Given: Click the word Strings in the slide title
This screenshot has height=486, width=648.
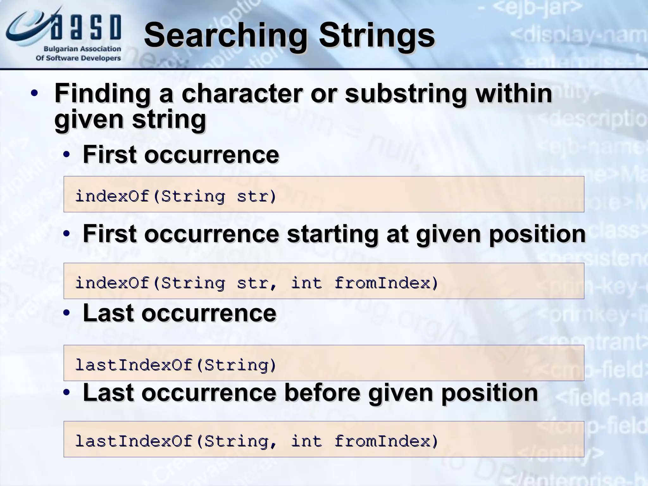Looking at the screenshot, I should pyautogui.click(x=377, y=35).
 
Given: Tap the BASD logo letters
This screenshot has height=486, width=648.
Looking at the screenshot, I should pyautogui.click(x=85, y=28).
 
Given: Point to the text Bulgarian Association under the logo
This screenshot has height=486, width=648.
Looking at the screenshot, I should pyautogui.click(x=82, y=49).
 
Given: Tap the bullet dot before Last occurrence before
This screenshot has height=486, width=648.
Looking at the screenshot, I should pyautogui.click(x=66, y=393).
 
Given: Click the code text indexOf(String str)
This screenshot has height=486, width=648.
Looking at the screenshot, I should pyautogui.click(x=176, y=196).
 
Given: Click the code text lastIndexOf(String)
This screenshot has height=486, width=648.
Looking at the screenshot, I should pyautogui.click(x=176, y=365).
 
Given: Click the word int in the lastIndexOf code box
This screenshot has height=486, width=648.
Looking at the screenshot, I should pyautogui.click(x=306, y=441).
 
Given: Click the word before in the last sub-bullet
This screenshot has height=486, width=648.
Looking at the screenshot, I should pyautogui.click(x=322, y=393).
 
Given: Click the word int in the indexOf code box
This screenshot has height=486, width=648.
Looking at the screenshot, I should pyautogui.click(x=306, y=283).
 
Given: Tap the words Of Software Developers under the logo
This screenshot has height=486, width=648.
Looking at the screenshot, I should pyautogui.click(x=78, y=58).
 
